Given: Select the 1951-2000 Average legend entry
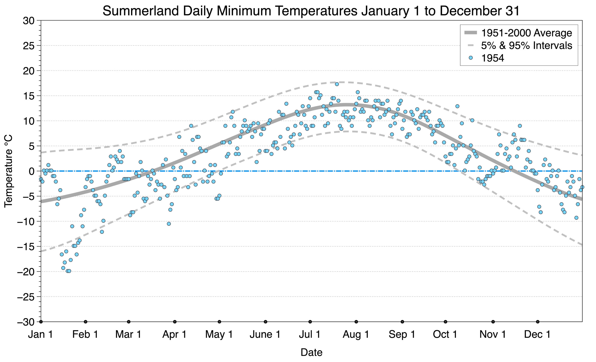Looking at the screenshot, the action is pos(518,33).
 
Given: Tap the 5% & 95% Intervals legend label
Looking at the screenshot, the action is pos(527,46).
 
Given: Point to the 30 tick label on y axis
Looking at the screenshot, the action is pos(28,21).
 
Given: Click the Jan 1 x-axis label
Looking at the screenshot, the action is pos(40,334).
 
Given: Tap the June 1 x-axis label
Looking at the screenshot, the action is pos(265,334).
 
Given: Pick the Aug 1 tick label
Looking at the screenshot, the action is pos(356,334).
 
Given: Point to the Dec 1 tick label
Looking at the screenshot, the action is pos(537,334).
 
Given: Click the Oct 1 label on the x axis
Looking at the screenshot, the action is pos(445,334).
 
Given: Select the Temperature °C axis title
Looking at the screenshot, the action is pos(8,171).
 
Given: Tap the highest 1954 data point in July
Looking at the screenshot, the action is pos(337,84).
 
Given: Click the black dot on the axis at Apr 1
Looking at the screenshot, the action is pos(175,322).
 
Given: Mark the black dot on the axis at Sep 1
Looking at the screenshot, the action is pos(402,322).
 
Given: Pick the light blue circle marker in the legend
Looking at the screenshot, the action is pos(470,58).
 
